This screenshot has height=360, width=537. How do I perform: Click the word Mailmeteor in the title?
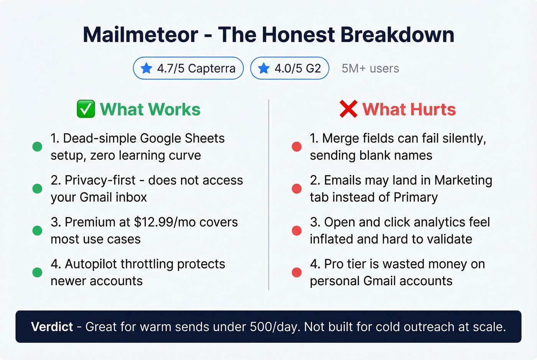(x=140, y=35)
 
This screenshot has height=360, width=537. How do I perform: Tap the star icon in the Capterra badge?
(x=146, y=68)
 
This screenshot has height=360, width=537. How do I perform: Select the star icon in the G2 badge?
(x=264, y=68)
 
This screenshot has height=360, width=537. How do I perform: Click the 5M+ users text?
(x=370, y=68)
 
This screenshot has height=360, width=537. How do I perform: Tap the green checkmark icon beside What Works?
(x=86, y=109)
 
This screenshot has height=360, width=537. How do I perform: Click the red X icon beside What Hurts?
(x=348, y=109)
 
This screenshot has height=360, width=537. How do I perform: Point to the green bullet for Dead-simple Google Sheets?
(x=37, y=146)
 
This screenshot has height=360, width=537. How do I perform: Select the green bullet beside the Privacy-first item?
(x=37, y=189)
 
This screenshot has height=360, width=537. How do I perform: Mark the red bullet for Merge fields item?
(x=297, y=146)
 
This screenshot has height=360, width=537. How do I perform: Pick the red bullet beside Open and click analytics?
(x=297, y=230)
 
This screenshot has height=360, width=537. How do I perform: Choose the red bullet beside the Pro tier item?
(x=297, y=272)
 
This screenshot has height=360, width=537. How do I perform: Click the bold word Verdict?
(x=52, y=327)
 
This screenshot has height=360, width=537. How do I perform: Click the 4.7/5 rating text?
(x=171, y=68)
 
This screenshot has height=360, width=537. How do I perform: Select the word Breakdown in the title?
(x=397, y=35)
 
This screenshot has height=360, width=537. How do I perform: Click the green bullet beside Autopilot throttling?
(x=37, y=272)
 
